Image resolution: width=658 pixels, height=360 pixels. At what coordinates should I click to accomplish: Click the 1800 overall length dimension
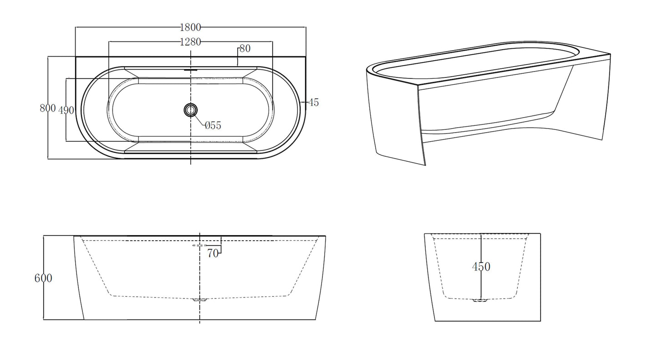point(190,27)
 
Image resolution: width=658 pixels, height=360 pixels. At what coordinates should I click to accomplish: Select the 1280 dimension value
point(190,42)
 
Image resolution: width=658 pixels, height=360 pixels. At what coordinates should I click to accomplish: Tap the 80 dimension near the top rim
point(245,48)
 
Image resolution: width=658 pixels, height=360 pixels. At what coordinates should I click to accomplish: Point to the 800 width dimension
point(48,108)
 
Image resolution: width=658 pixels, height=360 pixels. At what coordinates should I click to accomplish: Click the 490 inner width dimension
point(66,110)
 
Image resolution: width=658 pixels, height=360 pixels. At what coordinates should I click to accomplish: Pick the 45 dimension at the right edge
point(313,102)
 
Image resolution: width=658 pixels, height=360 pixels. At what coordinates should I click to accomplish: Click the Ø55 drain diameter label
point(213,125)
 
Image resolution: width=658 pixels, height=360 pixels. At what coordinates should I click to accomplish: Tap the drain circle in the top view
point(191,110)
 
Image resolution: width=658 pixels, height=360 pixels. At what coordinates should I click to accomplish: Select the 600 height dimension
point(43,278)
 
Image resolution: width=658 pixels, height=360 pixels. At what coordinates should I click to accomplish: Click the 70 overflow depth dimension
point(213,253)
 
